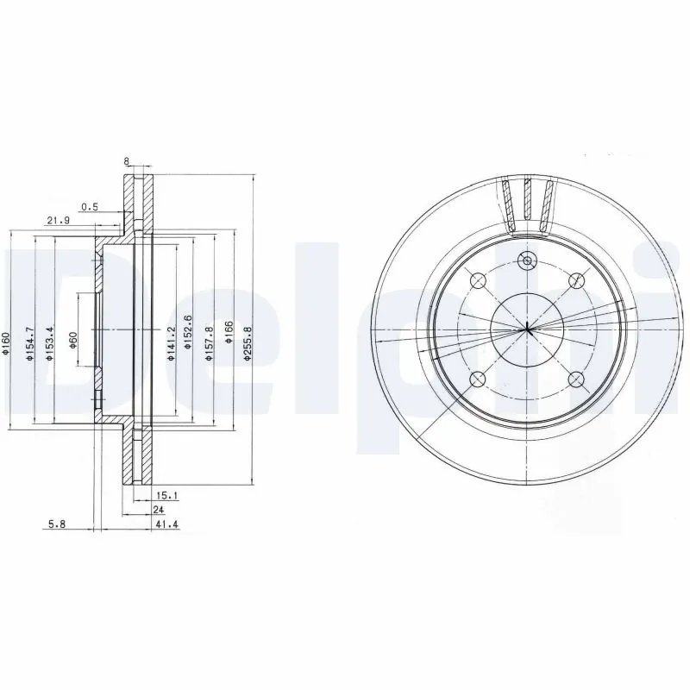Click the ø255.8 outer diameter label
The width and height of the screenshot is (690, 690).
[248, 344]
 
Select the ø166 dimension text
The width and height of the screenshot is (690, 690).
[229, 332]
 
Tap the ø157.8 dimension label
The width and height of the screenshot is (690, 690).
[210, 343]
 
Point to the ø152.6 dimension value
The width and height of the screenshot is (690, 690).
[188, 332]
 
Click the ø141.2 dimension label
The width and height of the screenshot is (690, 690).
[170, 343]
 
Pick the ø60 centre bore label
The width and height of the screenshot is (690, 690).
[73, 340]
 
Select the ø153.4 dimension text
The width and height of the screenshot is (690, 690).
[50, 343]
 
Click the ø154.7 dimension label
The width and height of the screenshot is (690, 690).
[30, 343]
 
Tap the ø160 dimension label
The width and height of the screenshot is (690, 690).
[5, 343]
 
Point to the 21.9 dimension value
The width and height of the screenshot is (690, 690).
[59, 221]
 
